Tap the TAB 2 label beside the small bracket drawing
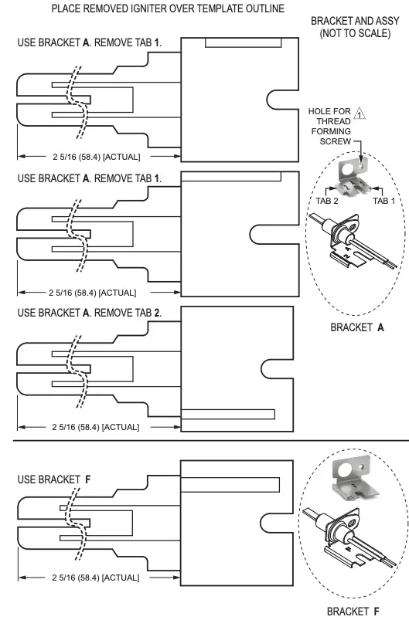pos(326,200)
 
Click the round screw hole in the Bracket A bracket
pos(360,167)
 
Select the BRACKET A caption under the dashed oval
pos(357,327)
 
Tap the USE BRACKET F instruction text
pos(54,479)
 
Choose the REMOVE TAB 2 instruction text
pos(130,313)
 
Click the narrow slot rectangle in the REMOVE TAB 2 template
pos(228,413)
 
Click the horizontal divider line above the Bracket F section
pos(204,440)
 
